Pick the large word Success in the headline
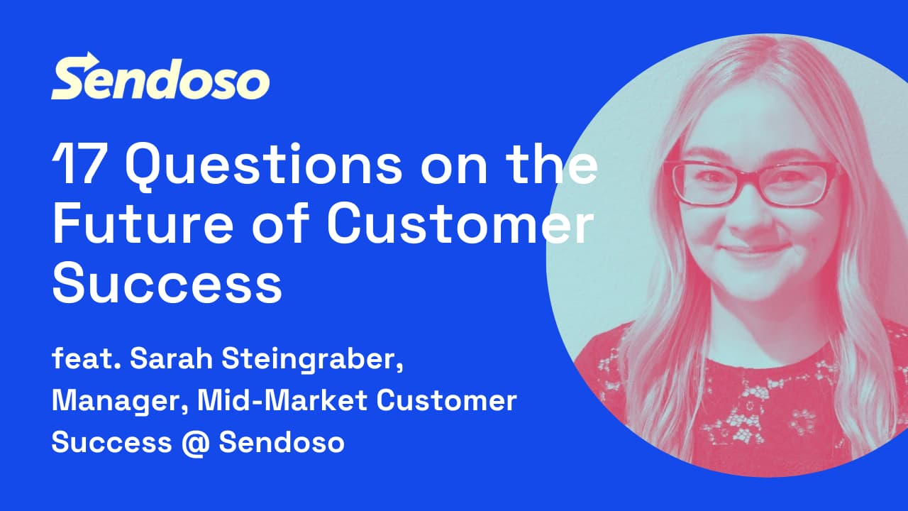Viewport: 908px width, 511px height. [x=167, y=282]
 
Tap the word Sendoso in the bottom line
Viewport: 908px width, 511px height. [x=282, y=442]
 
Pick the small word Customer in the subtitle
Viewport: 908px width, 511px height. [x=446, y=401]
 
